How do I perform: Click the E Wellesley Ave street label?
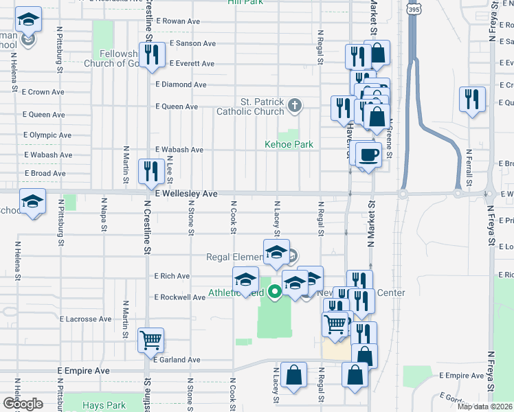(x=186, y=194)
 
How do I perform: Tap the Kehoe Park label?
(x=289, y=144)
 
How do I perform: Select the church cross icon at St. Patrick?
(x=294, y=105)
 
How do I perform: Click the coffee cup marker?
(x=368, y=154)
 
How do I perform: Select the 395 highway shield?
(x=413, y=10)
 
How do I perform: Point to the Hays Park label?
(x=102, y=405)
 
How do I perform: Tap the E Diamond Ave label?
(x=181, y=84)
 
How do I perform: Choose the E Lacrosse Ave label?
(x=85, y=319)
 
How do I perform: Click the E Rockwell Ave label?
(x=180, y=297)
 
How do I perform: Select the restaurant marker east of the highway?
(x=472, y=99)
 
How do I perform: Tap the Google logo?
(x=23, y=403)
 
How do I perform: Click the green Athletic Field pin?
(x=275, y=292)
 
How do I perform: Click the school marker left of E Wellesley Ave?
(x=32, y=201)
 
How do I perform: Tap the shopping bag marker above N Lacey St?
(x=294, y=375)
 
